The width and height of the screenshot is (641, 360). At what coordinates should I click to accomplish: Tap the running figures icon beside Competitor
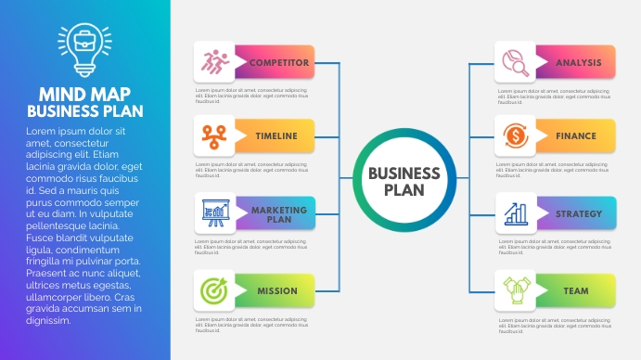pyautogui.click(x=214, y=62)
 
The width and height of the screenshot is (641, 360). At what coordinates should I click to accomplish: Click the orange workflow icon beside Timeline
pyautogui.click(x=214, y=136)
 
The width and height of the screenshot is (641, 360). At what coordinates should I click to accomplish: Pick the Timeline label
pyautogui.click(x=276, y=136)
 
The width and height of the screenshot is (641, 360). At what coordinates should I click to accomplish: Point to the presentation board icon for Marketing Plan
pyautogui.click(x=214, y=214)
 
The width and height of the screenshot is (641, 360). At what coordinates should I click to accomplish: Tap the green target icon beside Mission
pyautogui.click(x=214, y=291)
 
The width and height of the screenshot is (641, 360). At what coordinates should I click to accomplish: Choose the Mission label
pyautogui.click(x=276, y=291)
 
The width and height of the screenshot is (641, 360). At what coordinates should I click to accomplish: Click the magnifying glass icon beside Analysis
pyautogui.click(x=514, y=62)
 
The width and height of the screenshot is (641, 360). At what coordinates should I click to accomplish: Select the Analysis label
pyautogui.click(x=577, y=63)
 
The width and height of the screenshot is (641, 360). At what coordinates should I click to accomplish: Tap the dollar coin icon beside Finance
pyautogui.click(x=514, y=136)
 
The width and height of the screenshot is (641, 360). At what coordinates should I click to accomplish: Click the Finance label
pyautogui.click(x=577, y=136)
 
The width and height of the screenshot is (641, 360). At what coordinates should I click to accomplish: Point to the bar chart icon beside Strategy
pyautogui.click(x=514, y=214)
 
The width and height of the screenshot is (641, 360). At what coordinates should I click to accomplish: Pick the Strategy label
pyautogui.click(x=577, y=214)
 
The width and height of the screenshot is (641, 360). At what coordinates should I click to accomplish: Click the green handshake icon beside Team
pyautogui.click(x=514, y=291)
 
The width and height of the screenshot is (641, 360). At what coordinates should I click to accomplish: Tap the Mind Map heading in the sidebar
pyautogui.click(x=84, y=94)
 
